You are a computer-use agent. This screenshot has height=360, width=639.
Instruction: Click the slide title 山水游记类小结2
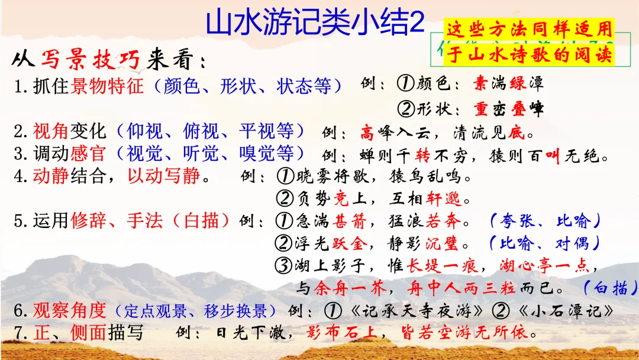[x=315, y=22]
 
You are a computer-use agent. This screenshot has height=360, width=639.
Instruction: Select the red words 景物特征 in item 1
[x=107, y=86]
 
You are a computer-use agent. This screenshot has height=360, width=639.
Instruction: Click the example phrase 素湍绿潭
[x=508, y=83]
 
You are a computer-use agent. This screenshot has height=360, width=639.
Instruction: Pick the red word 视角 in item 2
[x=51, y=131]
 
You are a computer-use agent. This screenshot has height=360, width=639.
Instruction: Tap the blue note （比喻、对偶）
[x=544, y=243]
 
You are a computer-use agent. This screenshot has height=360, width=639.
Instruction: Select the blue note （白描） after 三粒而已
[x=609, y=288]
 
